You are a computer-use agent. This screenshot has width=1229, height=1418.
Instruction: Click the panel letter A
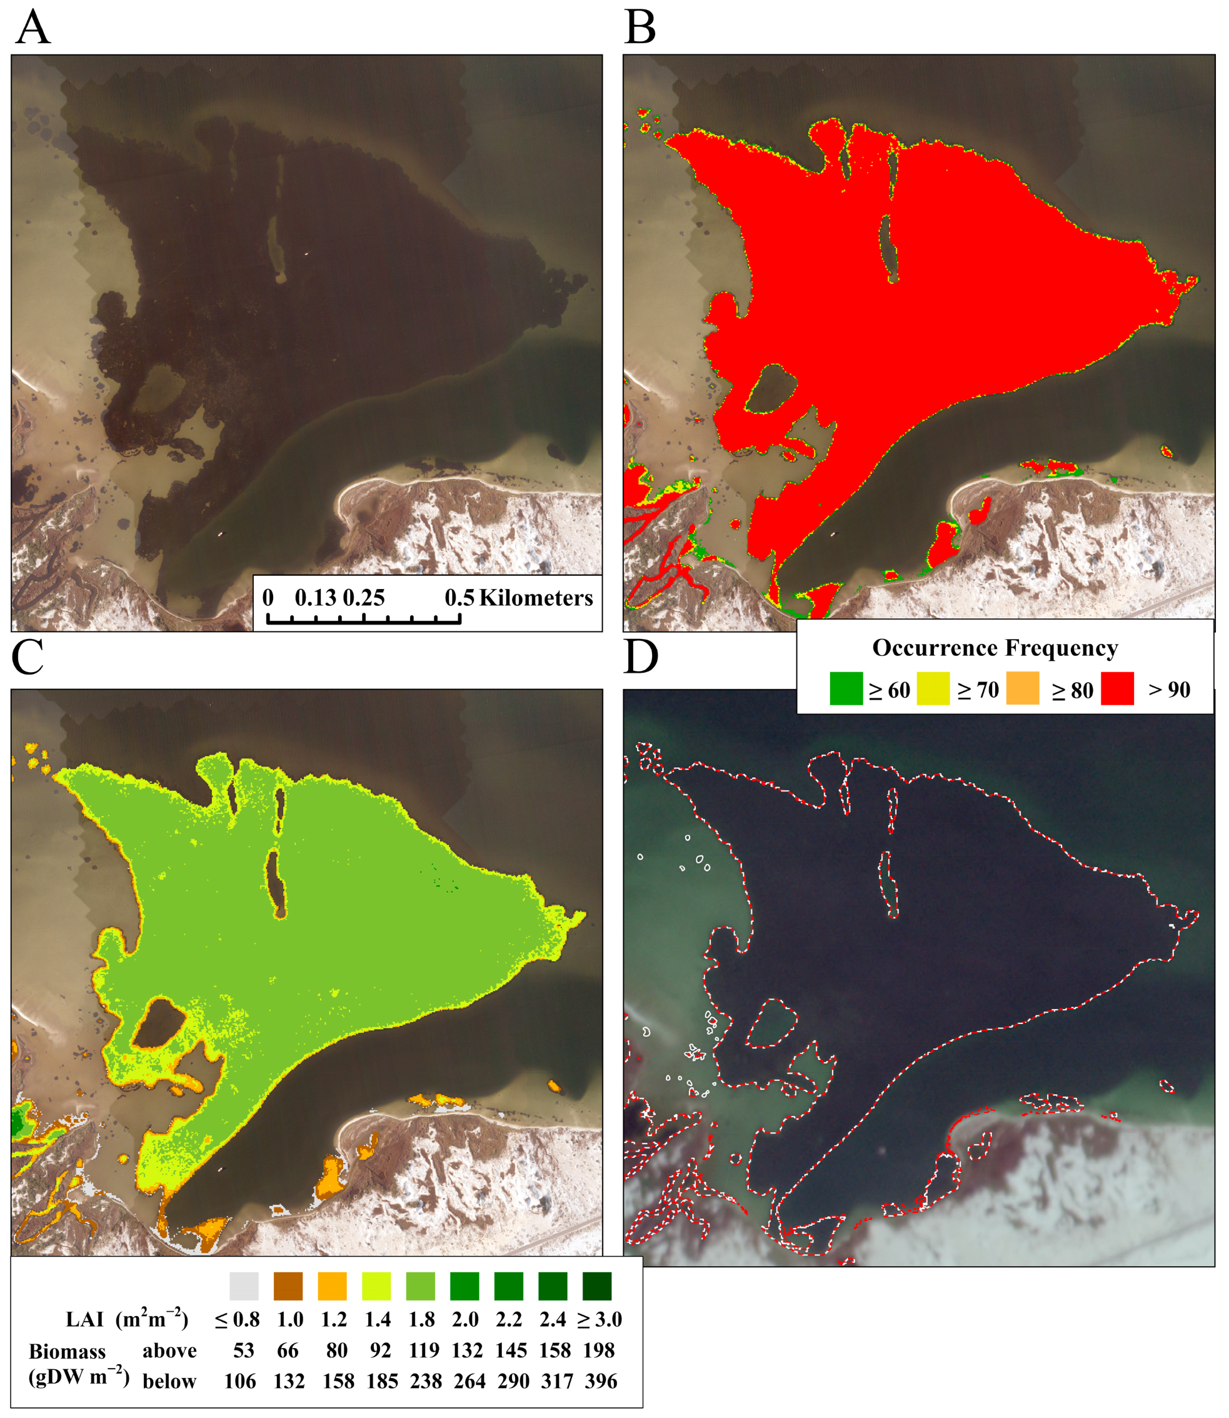33,29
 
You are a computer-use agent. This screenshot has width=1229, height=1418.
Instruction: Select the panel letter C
28,657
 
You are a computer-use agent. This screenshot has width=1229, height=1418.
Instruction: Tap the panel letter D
641,657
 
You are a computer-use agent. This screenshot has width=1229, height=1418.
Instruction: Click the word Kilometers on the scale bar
536,598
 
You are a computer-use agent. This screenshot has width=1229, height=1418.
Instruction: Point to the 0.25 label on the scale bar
363,598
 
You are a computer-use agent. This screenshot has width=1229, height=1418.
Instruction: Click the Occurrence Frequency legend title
995,648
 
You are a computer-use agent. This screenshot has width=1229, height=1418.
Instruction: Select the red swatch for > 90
1117,689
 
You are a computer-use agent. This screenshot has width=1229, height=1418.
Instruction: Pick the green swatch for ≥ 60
846,689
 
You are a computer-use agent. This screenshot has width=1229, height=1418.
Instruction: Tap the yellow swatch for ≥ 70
933,689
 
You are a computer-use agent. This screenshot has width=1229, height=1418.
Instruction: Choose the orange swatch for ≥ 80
1023,689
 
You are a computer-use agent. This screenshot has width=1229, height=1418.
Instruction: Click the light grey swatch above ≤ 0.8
244,1287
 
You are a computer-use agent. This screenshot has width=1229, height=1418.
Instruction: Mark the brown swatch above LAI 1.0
288,1287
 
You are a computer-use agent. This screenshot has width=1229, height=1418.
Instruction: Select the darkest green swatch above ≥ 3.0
596,1287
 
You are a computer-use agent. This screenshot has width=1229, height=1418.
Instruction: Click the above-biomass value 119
424,1350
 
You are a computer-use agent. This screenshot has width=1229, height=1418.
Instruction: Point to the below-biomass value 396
601,1381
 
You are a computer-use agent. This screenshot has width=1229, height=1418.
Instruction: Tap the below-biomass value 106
240,1381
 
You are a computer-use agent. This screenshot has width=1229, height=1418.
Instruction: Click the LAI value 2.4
553,1319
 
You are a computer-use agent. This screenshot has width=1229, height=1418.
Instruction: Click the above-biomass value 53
243,1350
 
